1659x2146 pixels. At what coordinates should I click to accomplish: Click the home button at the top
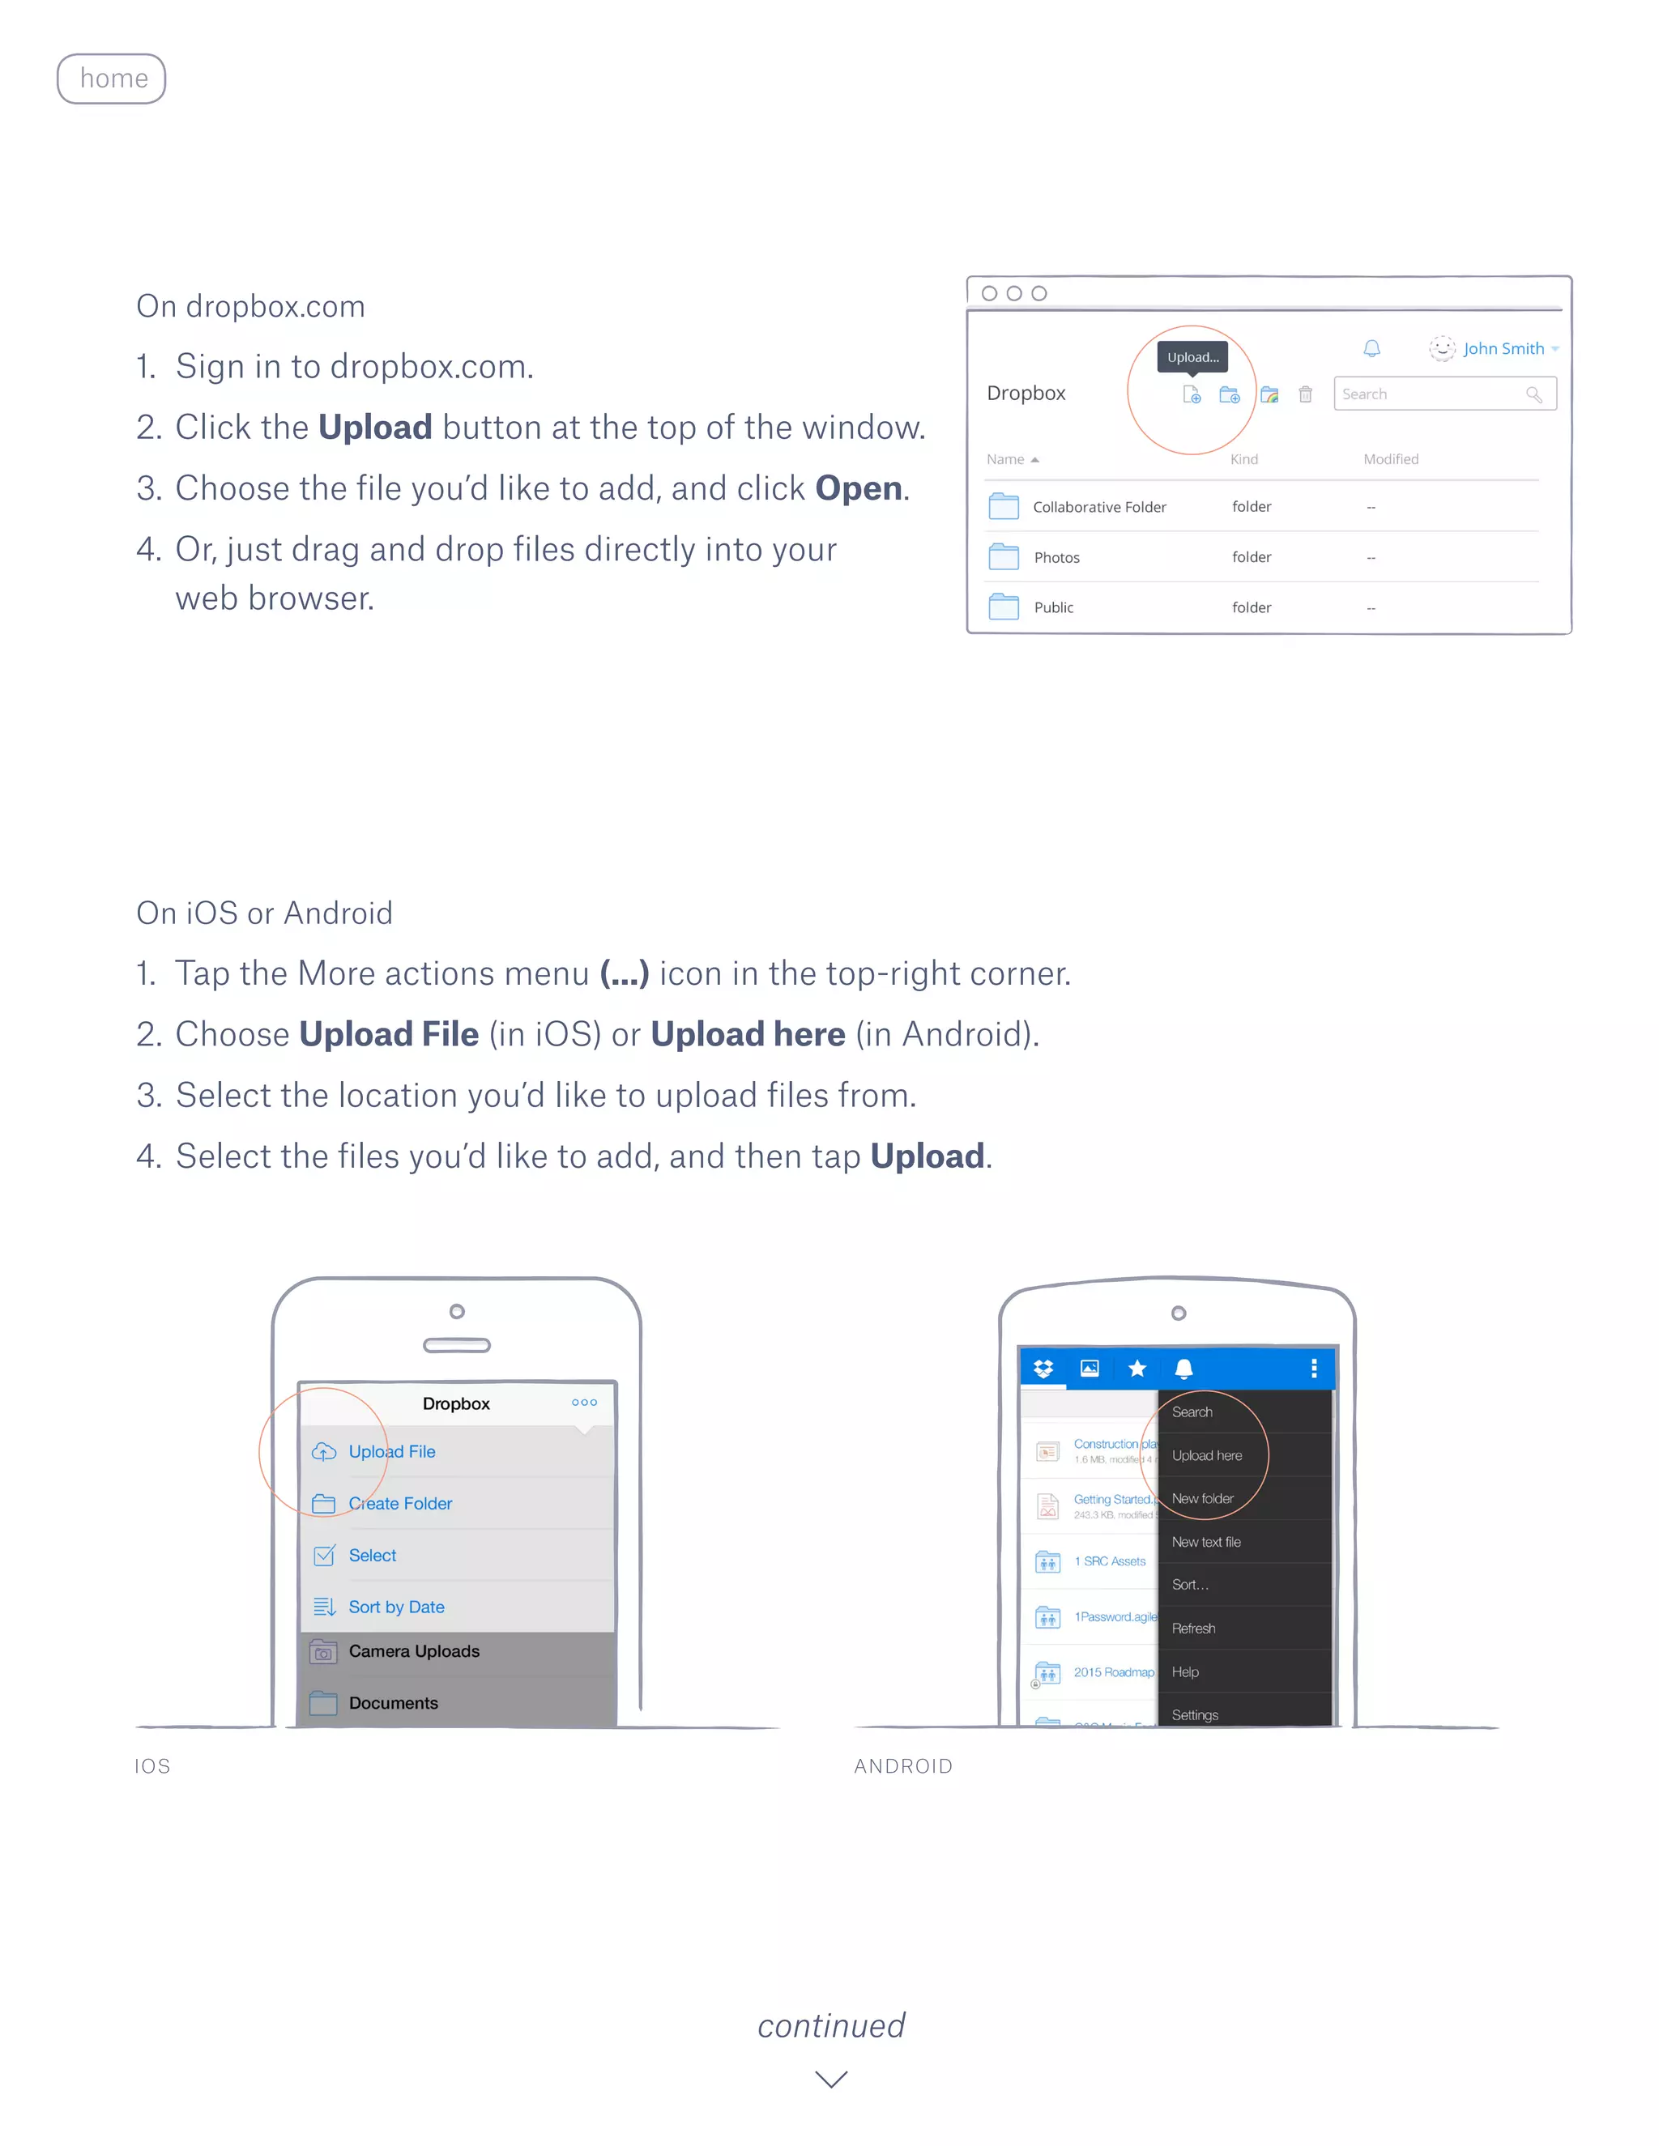111,79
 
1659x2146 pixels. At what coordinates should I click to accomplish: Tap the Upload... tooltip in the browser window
1192,356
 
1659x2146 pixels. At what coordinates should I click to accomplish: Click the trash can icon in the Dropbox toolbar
1305,394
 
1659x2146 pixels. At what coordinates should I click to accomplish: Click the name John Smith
1503,349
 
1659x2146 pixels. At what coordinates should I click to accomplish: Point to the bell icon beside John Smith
1371,349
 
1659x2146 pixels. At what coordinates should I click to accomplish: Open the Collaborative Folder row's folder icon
1004,507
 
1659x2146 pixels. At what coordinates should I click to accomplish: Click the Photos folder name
1056,558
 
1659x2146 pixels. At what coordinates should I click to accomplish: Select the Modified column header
1391,459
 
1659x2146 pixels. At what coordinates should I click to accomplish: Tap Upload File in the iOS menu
391,1451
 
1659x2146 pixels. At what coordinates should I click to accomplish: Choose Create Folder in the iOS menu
400,1503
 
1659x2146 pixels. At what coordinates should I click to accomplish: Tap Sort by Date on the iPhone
396,1607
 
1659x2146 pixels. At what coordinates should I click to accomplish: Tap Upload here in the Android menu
1207,1455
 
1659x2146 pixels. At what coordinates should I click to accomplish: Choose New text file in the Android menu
1206,1542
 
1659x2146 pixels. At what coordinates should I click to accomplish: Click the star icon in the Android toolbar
1137,1369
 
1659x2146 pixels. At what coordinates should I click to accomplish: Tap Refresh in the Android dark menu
1193,1629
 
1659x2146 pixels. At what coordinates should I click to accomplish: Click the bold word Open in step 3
858,488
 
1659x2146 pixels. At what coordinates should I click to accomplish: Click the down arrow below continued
831,2078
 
